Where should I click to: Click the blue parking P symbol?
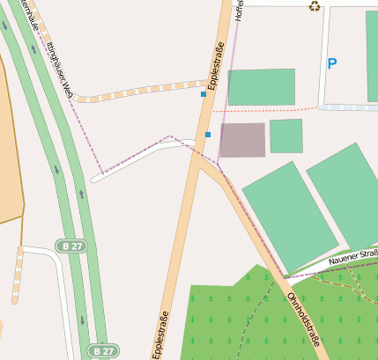point(332,63)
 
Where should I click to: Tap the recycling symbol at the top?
point(315,7)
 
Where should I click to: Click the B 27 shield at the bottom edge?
point(102,350)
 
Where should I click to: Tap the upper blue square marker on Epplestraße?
point(204,93)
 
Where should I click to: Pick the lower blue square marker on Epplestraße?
point(208,134)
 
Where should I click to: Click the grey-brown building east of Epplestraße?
point(242,140)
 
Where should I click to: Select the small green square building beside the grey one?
point(285,136)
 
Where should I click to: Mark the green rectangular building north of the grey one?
point(261,86)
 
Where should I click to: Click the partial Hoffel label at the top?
point(238,10)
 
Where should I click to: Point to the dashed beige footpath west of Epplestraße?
point(141,91)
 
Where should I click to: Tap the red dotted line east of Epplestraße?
point(273,109)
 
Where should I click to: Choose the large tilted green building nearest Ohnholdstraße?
point(289,215)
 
